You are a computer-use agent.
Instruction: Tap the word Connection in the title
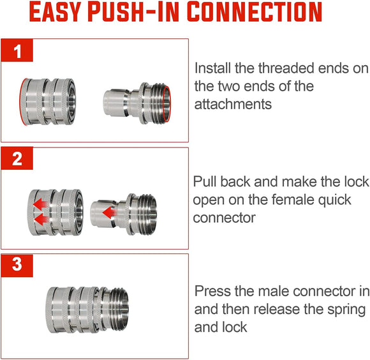point(252,14)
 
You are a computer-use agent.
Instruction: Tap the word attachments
point(233,104)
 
